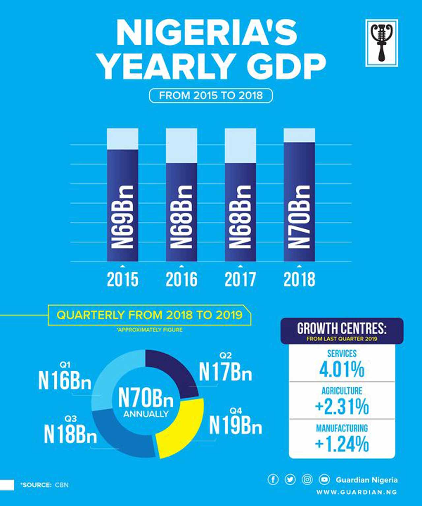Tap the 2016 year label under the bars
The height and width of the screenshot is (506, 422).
[x=181, y=279]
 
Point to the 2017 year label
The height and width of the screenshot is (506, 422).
[x=240, y=279]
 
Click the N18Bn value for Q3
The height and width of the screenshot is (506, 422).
[x=70, y=434]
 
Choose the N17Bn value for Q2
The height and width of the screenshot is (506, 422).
[x=226, y=372]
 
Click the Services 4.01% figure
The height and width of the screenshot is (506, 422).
[x=342, y=369]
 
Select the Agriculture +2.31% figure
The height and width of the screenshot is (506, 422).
[x=342, y=407]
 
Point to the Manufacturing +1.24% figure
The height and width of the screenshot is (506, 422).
[x=342, y=444]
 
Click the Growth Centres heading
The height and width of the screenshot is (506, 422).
[x=342, y=328]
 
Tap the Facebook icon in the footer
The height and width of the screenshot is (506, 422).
[x=273, y=480]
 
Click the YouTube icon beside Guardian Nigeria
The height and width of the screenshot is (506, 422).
[x=324, y=480]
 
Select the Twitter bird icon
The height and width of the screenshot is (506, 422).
[x=290, y=480]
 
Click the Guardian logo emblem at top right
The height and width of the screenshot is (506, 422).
[x=382, y=43]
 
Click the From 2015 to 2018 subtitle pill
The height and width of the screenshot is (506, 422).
[x=211, y=96]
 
